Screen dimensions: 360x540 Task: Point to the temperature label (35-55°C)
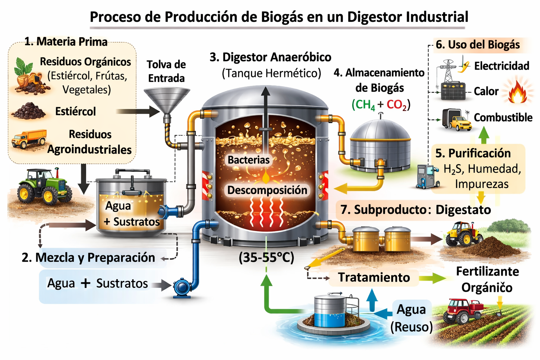[266, 258]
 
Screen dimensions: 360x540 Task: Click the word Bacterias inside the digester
[248, 160]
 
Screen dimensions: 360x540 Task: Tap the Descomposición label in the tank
[267, 190]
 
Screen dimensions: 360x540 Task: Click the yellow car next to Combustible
[461, 123]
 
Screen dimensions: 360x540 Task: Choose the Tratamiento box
[374, 277]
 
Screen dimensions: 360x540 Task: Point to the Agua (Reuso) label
[411, 318]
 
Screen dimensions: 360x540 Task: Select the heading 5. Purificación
[473, 153]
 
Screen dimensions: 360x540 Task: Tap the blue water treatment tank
[329, 311]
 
